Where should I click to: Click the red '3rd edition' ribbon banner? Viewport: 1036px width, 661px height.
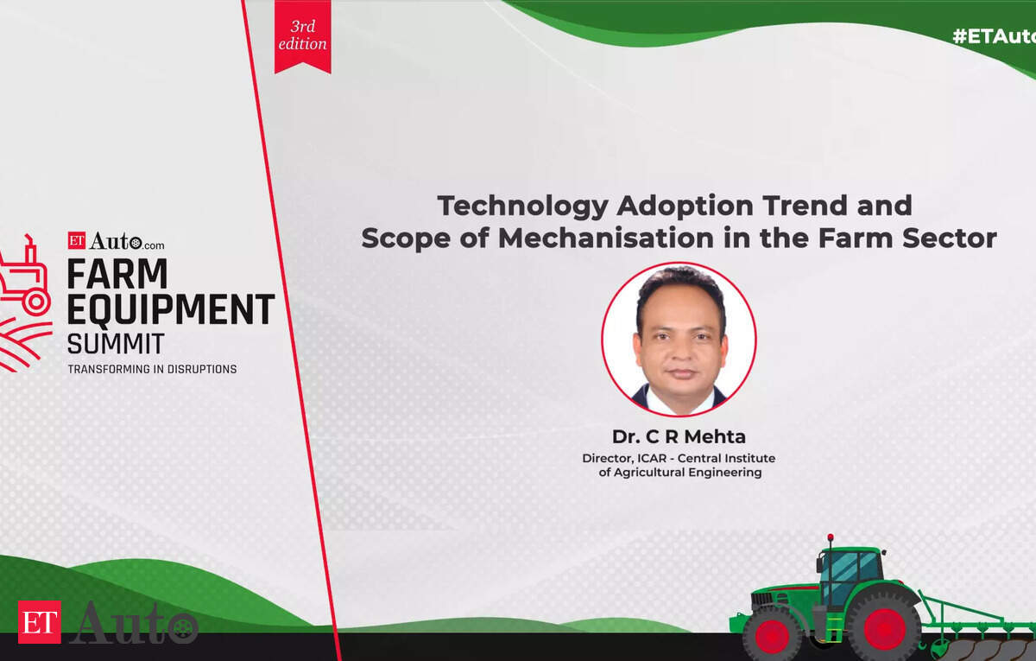(x=302, y=36)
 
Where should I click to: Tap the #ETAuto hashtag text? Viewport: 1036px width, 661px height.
(x=994, y=36)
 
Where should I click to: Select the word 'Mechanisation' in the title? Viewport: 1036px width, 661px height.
(x=605, y=238)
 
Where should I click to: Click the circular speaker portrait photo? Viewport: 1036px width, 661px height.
(x=679, y=340)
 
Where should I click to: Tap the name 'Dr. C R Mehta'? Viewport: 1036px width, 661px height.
(x=679, y=436)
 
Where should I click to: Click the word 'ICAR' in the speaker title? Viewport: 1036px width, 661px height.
(x=652, y=458)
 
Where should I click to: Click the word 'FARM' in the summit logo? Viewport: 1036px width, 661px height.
(x=117, y=274)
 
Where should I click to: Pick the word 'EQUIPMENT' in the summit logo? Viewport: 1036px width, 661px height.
(x=171, y=309)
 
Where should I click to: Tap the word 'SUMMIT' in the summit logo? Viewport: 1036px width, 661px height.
(x=116, y=344)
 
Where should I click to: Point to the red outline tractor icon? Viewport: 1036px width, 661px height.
(x=25, y=276)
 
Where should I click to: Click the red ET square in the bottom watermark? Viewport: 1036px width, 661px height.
(x=40, y=622)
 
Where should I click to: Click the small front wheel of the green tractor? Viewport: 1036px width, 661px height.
(x=772, y=636)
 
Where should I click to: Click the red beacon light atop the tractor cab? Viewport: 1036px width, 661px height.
(x=831, y=537)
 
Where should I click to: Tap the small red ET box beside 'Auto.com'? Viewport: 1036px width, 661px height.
(x=77, y=241)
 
